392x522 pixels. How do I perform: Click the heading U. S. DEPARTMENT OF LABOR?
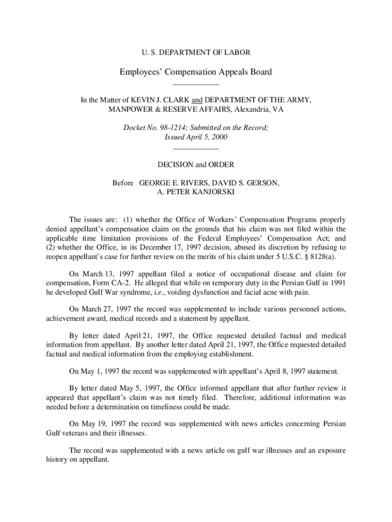(x=195, y=52)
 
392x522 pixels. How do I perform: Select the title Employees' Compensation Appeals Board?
(x=195, y=72)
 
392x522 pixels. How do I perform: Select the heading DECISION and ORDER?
(x=196, y=165)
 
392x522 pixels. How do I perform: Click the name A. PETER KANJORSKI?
(x=196, y=192)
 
